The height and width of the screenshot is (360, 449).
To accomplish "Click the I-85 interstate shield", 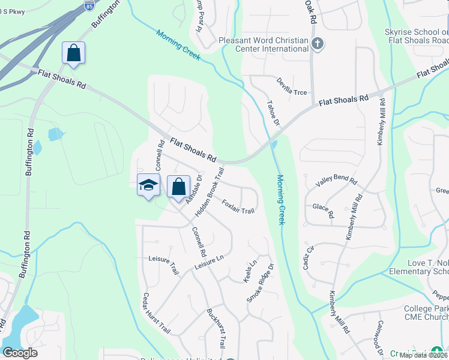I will [x=89, y=6].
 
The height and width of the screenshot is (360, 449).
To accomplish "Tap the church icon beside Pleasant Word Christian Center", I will [x=318, y=43].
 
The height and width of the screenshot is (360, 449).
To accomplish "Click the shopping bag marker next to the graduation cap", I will [x=178, y=187].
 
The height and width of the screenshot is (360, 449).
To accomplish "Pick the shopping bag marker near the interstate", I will [x=73, y=53].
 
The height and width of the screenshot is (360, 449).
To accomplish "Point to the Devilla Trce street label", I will [x=292, y=86].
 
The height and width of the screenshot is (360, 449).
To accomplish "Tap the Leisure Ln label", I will [x=209, y=262].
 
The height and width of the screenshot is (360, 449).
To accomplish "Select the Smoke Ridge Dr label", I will [x=260, y=283].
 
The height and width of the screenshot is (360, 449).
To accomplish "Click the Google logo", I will [x=20, y=353].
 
